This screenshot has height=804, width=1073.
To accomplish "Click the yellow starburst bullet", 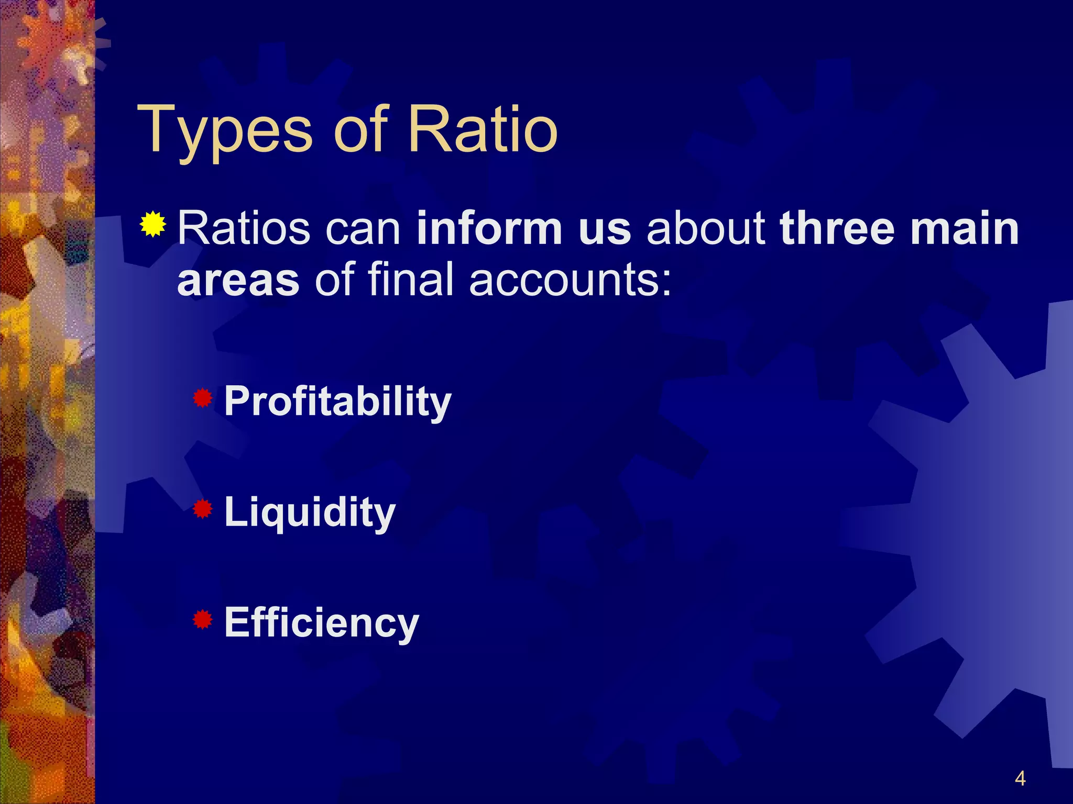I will point(153,225).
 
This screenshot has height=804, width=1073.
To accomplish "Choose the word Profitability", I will point(337,402).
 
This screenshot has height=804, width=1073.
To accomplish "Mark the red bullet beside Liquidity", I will point(202,509).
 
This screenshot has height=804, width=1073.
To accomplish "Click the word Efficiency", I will point(321,623).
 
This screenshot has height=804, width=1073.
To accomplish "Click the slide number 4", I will point(1020,778).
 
